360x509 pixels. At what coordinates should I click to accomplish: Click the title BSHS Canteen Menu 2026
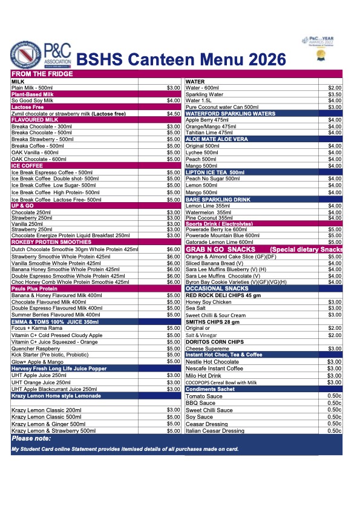[x=182, y=59]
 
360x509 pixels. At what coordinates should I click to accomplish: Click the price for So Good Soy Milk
[x=174, y=100]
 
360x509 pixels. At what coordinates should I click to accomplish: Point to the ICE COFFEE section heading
[x=27, y=165]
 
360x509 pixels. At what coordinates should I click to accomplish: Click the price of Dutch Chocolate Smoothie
[x=174, y=249]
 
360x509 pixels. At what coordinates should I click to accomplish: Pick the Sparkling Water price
[x=335, y=94]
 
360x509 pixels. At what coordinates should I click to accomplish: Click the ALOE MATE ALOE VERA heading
[x=217, y=139]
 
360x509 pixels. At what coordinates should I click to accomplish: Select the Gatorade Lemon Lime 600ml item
[x=219, y=242]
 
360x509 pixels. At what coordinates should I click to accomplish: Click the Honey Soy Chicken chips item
[x=208, y=302]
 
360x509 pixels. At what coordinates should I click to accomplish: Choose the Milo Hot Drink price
[x=335, y=375]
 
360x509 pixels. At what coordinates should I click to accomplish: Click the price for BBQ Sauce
[x=335, y=402]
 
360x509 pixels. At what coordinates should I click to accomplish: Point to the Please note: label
[x=31, y=438]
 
